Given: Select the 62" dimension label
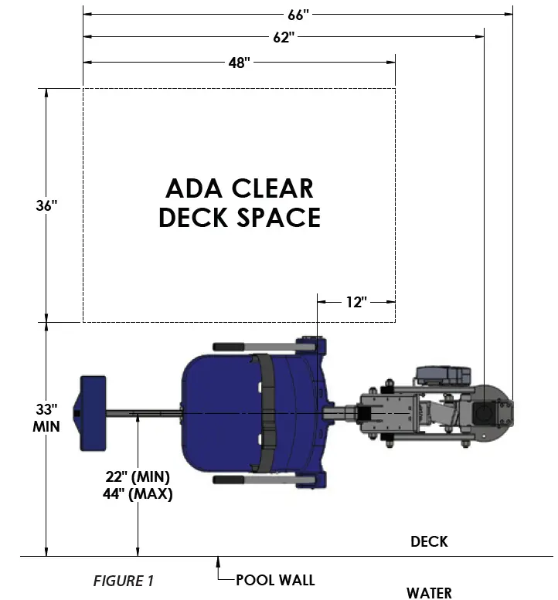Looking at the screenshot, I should tap(284, 36).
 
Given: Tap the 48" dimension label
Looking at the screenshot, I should tap(240, 63).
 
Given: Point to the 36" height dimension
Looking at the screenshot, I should tap(46, 205).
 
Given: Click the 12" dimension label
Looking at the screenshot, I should tap(356, 302).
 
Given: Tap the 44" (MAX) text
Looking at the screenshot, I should tap(139, 493).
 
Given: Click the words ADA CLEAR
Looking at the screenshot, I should tap(240, 188).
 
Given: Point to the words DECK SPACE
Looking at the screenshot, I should tap(240, 218).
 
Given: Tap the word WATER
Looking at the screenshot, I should tap(429, 592).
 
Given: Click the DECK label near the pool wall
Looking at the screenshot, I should tap(429, 541).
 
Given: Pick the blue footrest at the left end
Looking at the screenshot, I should tap(92, 414).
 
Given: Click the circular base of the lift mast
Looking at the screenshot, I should tap(488, 412).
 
